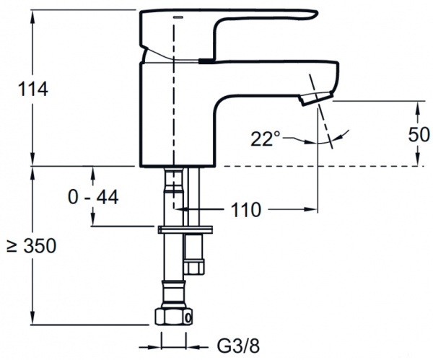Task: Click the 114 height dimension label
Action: pyautogui.click(x=33, y=89)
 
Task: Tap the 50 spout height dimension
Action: pyautogui.click(x=419, y=134)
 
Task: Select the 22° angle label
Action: pyautogui.click(x=265, y=139)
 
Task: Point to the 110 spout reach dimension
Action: pyautogui.click(x=246, y=210)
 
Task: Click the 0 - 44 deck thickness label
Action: pyautogui.click(x=93, y=197)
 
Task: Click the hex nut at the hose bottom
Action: pyautogui.click(x=174, y=317)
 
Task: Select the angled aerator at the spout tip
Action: pyautogui.click(x=317, y=99)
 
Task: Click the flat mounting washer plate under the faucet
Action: pyautogui.click(x=185, y=229)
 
